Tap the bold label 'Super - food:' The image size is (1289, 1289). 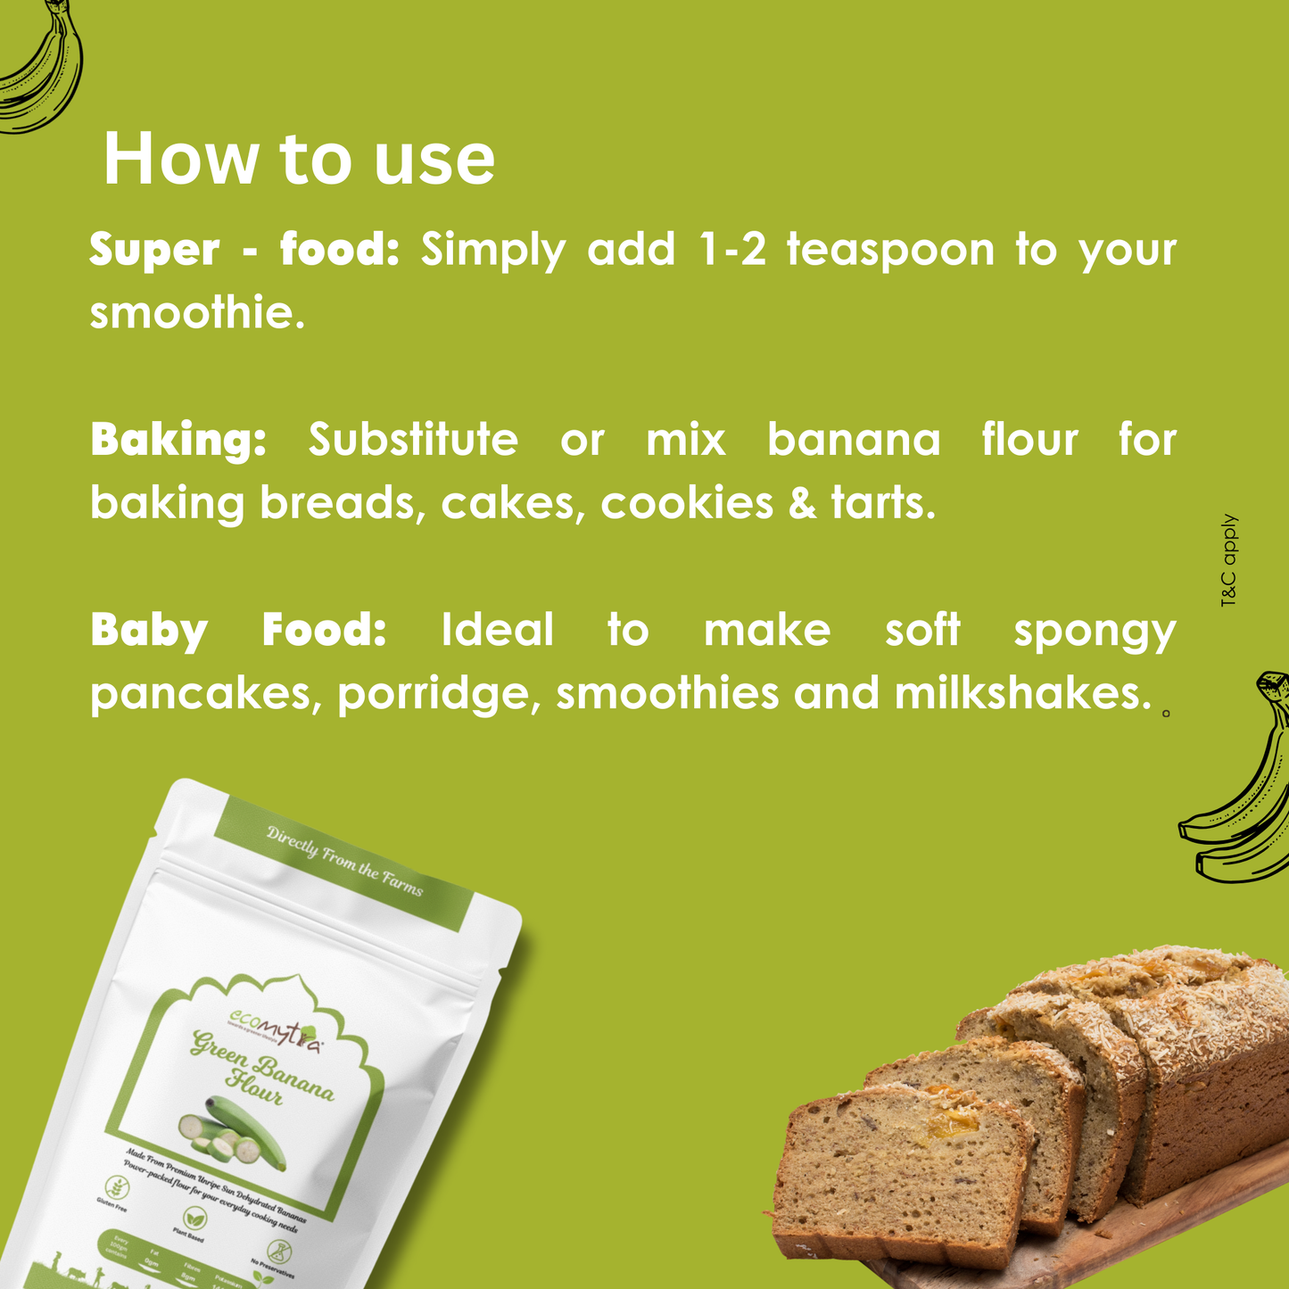coord(244,250)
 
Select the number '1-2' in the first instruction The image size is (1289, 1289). coord(732,250)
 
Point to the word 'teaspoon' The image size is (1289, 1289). coord(890,251)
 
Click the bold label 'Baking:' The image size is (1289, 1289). coord(178,440)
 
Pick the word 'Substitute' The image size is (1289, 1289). coord(413,440)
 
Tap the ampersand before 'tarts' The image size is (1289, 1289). coord(802,503)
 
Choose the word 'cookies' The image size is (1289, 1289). coord(687,503)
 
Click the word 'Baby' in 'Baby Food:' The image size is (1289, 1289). coord(149,630)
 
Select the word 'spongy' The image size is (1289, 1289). coord(1095,632)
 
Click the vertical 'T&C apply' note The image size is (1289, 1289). coord(1229,561)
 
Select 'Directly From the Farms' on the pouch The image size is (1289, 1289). coord(344,861)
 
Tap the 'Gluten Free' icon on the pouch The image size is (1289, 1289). coord(117,1189)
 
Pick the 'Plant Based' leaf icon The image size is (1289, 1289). coord(193,1219)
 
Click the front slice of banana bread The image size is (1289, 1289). coord(901,1169)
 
